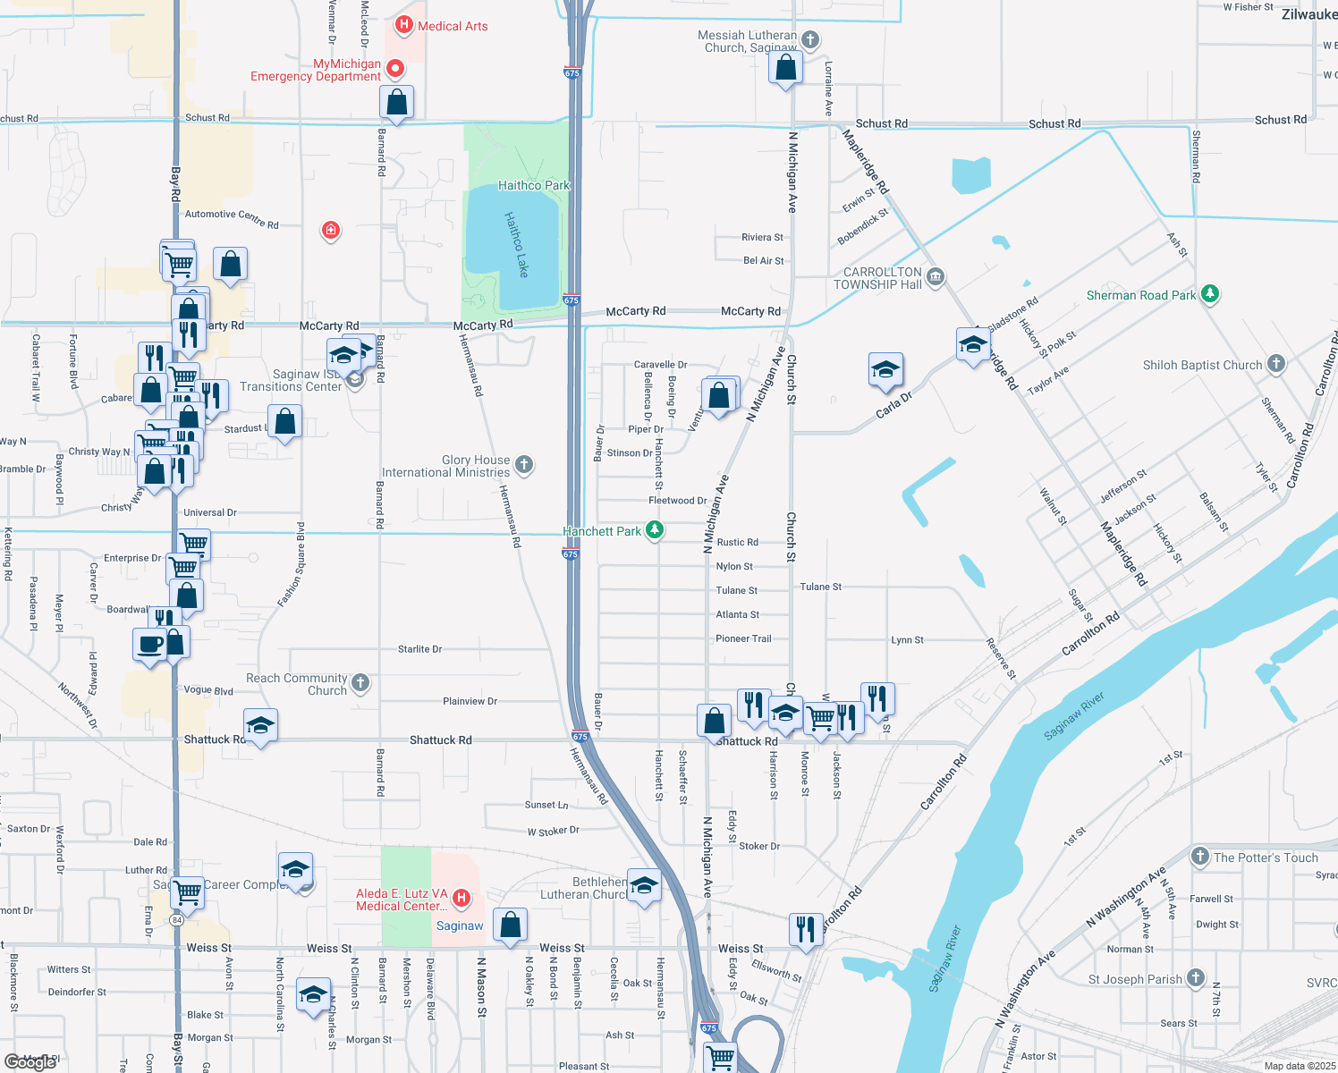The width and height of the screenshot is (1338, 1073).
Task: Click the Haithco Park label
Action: pos(533,185)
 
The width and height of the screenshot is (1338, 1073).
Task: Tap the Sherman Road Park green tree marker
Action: pos(1210,293)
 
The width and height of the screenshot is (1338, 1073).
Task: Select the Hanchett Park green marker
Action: pos(655,530)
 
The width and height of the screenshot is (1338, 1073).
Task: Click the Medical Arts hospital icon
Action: pos(404,25)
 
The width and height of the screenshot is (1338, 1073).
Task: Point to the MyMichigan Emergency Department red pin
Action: pos(394,68)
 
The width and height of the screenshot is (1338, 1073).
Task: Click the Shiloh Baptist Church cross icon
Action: pos(1276,364)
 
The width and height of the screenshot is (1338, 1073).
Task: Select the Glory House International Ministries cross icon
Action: pos(525,464)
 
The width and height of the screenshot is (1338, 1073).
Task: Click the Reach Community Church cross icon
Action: pos(360,683)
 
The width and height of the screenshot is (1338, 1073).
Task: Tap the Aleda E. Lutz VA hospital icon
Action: pos(462,897)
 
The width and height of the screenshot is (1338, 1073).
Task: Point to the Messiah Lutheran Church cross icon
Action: pos(810,39)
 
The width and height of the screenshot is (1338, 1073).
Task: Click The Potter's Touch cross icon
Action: pos(1200,856)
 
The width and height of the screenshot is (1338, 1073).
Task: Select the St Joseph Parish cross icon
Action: pos(1196,977)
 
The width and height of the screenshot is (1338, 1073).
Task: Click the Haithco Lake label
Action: pos(517,243)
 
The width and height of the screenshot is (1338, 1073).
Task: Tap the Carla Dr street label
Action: pos(893,405)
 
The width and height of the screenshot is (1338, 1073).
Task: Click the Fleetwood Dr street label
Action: pos(677,501)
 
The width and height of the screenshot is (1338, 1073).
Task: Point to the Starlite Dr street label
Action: pos(419,649)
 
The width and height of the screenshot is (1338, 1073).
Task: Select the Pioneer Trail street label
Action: pos(743,638)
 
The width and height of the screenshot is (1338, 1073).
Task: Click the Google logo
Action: pos(30,1061)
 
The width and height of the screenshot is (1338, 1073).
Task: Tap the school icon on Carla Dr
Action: pos(885,369)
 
